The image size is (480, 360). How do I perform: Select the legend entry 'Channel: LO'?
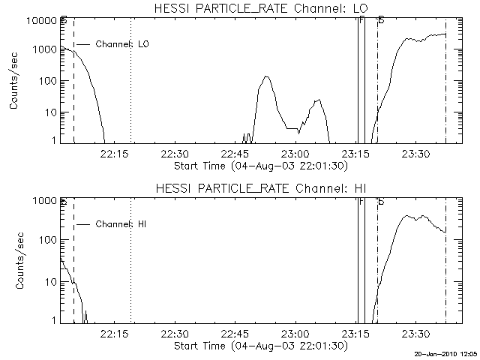(123, 44)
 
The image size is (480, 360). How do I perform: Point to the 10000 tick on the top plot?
(41, 20)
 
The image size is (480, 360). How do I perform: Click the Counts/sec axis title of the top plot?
(14, 83)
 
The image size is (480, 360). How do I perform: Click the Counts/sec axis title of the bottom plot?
(14, 263)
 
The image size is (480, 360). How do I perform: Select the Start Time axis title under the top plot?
(259, 164)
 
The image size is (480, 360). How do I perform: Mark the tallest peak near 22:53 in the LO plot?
(266, 76)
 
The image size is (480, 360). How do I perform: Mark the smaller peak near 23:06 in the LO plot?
(319, 99)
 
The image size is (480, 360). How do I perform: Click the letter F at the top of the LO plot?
(361, 19)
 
